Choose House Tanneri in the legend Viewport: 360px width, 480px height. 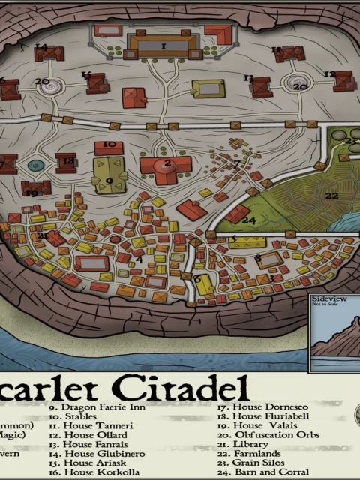click(x=87, y=425)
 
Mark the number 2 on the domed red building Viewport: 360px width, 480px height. click(x=167, y=163)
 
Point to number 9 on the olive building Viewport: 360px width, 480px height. click(x=109, y=181)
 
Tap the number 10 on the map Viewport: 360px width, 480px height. click(x=110, y=144)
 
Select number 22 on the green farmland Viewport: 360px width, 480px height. click(x=331, y=196)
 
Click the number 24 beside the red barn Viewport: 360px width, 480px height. click(x=250, y=220)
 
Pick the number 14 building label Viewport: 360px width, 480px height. click(x=41, y=48)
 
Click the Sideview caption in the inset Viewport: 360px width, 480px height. click(x=327, y=298)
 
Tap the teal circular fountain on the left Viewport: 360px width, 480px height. click(x=34, y=165)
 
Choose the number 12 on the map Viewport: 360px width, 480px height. click(x=329, y=73)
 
